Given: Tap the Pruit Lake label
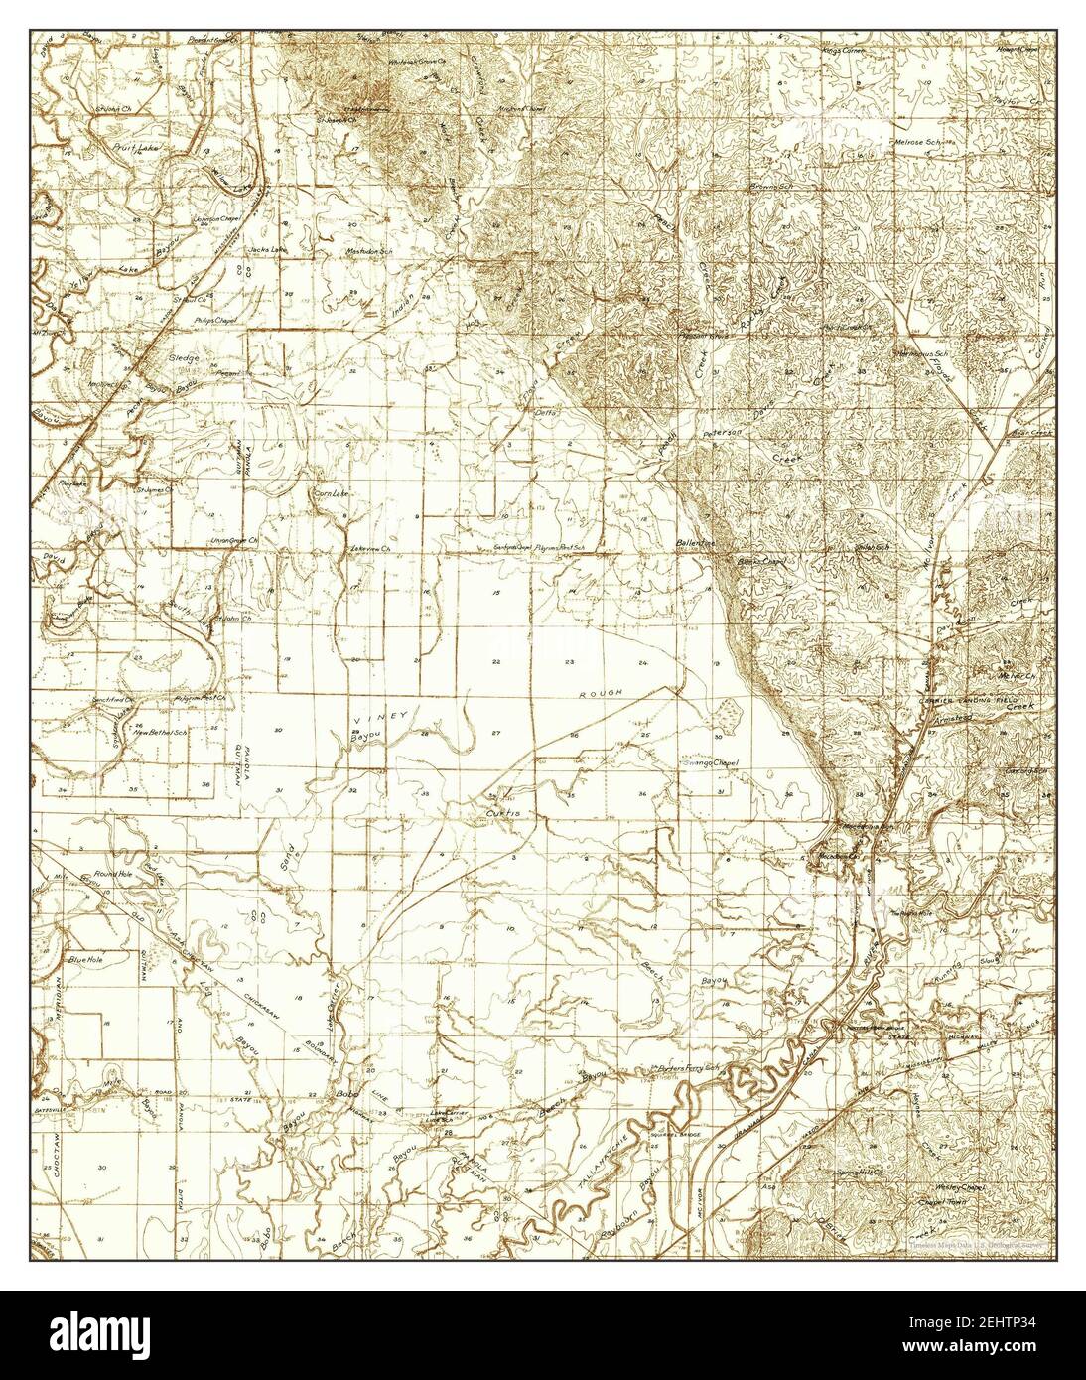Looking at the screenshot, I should coord(132,146).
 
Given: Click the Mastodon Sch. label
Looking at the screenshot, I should coord(370,252).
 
